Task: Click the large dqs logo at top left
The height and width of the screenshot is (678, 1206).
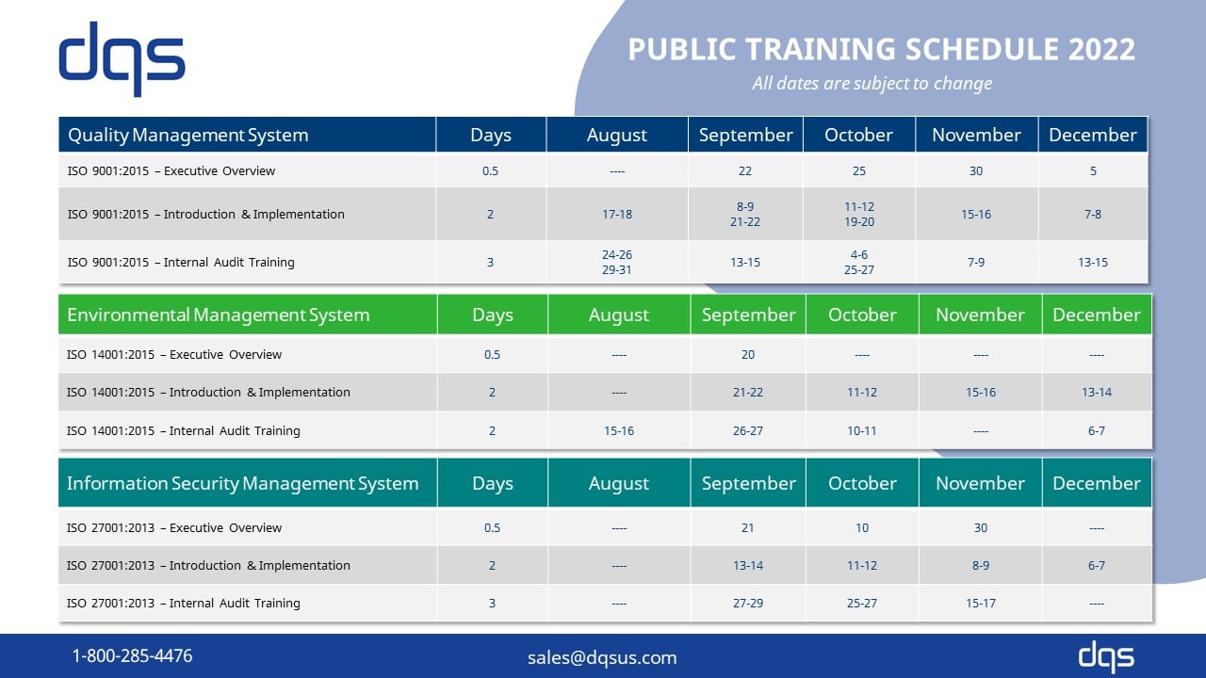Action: coord(122,58)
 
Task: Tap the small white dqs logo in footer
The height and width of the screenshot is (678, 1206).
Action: coord(1106,656)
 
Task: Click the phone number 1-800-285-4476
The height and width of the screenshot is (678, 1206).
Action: coord(132,655)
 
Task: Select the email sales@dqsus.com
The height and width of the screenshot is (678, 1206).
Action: coord(602,657)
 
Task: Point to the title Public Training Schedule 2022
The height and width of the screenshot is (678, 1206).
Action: coord(881,49)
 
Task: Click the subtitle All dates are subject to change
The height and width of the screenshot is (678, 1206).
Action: coord(872,83)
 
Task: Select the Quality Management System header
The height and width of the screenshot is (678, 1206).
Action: coord(188,135)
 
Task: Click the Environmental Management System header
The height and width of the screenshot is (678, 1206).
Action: coord(219,315)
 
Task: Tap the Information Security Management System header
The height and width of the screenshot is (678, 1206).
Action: coord(242,483)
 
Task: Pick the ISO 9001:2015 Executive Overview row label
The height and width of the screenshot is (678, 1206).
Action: coord(171,170)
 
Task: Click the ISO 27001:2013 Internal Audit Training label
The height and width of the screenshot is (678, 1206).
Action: coord(184,603)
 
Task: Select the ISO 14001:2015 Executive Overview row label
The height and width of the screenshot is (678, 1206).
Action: coord(174,354)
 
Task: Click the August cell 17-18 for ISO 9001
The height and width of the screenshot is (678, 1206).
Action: coord(617,214)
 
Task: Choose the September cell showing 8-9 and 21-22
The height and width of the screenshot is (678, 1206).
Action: coord(745,214)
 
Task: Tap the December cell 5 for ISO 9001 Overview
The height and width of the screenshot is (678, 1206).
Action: coord(1093,170)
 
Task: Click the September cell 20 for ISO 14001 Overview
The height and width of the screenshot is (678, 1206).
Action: coord(748,354)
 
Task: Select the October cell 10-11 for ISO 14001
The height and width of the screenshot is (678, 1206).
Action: coord(862,430)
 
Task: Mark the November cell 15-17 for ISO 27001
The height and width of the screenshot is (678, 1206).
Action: coord(981,603)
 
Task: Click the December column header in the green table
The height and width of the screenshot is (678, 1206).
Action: coord(1097,315)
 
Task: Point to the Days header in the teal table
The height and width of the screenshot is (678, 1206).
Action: coord(493,483)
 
